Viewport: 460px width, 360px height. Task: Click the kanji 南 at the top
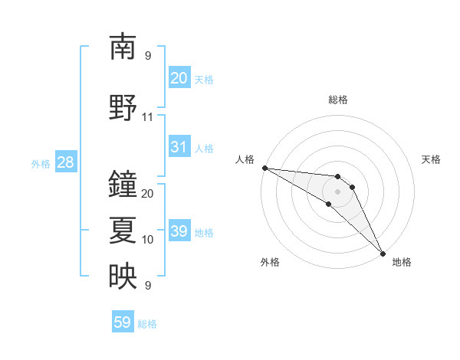[123, 47]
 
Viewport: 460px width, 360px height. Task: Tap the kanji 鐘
[123, 185]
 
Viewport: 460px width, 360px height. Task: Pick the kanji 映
[123, 277]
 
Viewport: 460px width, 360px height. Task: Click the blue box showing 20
[179, 78]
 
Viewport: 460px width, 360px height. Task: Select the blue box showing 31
[179, 147]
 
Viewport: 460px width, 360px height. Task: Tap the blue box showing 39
[179, 231]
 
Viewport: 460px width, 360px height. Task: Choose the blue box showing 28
[65, 162]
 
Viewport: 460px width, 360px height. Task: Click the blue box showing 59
[123, 322]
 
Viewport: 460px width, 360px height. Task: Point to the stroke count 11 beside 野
[148, 117]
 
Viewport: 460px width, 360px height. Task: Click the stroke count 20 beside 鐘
[148, 194]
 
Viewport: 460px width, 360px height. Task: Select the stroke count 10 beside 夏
[148, 240]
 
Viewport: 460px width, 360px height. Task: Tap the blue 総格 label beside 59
[147, 324]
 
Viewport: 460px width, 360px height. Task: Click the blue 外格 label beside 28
[41, 163]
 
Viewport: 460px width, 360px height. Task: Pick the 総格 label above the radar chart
[337, 100]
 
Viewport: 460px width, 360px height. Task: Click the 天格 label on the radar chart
[432, 159]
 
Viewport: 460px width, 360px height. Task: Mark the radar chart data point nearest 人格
[264, 168]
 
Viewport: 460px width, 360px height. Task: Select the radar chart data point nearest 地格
[382, 253]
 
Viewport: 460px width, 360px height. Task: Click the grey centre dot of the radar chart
[337, 191]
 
